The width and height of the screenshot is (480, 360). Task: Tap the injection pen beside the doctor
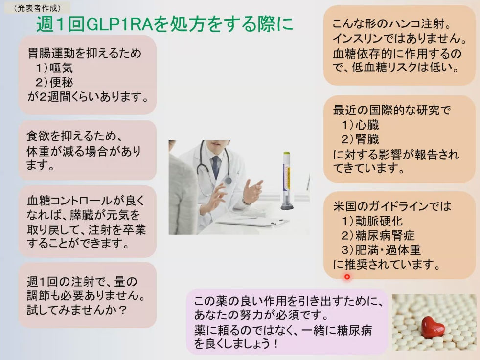click(x=287, y=180)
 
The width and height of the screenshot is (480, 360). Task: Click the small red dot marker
click(x=347, y=277)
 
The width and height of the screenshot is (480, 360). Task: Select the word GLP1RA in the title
click(x=120, y=24)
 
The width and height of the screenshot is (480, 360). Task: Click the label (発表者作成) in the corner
click(x=37, y=8)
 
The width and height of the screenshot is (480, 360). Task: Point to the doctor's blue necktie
click(x=216, y=167)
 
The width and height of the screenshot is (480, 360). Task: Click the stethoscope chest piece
click(x=228, y=180)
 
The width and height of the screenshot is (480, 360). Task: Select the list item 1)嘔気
click(x=54, y=67)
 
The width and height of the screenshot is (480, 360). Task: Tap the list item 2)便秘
click(x=54, y=82)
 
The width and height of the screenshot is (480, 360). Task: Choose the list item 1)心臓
click(x=360, y=125)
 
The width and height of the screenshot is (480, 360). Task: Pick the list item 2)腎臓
click(x=360, y=139)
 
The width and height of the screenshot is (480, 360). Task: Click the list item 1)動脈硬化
click(x=372, y=221)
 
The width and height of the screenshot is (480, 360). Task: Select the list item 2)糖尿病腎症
click(x=378, y=235)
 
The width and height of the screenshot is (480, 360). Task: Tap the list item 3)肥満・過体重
click(x=381, y=250)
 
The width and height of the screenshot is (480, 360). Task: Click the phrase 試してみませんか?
click(x=76, y=310)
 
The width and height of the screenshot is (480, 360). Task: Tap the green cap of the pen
click(x=287, y=153)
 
